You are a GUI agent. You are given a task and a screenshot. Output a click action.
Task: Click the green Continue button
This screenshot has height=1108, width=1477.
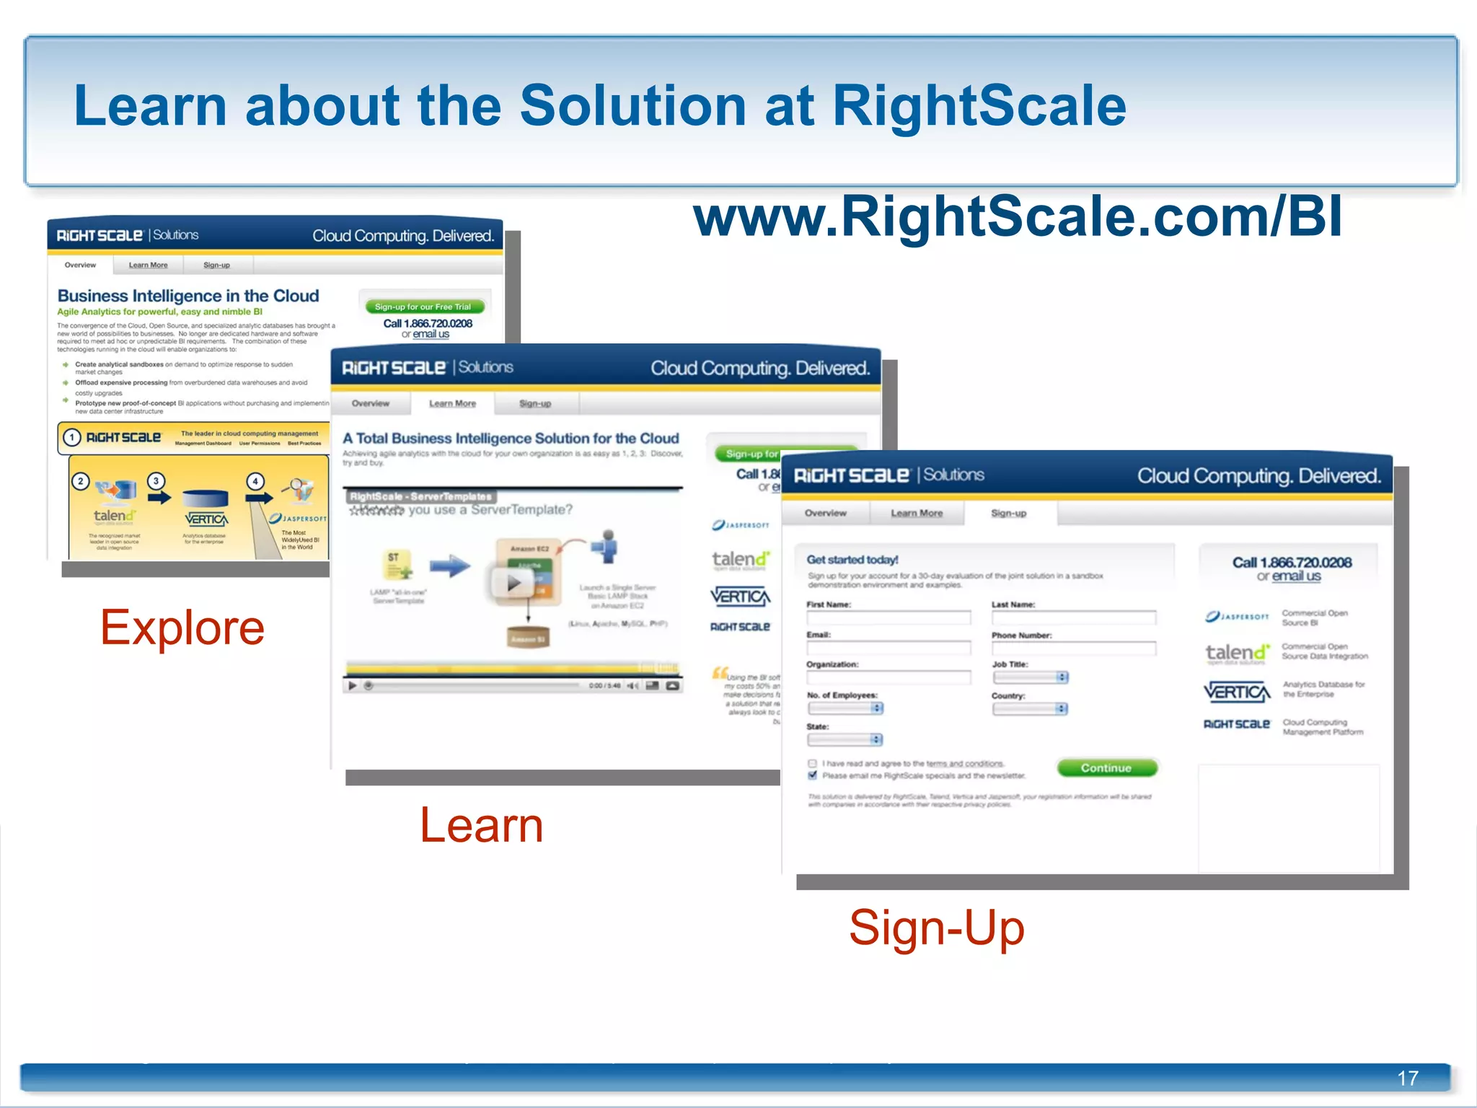pyautogui.click(x=1106, y=768)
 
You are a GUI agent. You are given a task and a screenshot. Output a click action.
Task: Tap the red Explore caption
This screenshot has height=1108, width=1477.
pyautogui.click(x=182, y=628)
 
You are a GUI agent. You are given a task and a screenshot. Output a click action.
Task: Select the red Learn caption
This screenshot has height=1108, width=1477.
pyautogui.click(x=481, y=825)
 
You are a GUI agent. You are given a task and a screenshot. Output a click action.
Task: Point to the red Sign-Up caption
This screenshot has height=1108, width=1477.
pyautogui.click(x=936, y=928)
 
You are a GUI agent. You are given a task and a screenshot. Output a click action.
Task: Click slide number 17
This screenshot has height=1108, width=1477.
pyautogui.click(x=1407, y=1078)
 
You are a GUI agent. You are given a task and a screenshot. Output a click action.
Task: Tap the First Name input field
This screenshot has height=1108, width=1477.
pyautogui.click(x=889, y=618)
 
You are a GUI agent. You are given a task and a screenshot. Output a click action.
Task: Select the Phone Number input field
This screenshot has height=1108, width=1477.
pyautogui.click(x=1073, y=648)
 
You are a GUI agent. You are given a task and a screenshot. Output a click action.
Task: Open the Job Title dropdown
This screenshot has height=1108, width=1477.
pyautogui.click(x=1031, y=677)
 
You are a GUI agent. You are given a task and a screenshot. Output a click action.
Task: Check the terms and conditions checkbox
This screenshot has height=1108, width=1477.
pyautogui.click(x=813, y=763)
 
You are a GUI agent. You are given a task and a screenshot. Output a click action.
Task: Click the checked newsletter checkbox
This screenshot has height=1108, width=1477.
pyautogui.click(x=813, y=775)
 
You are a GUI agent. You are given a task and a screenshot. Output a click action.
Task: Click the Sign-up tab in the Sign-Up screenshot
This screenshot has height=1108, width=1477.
pyautogui.click(x=1008, y=513)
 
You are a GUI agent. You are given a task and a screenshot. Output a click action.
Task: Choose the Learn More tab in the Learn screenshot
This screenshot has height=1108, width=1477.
pyautogui.click(x=452, y=403)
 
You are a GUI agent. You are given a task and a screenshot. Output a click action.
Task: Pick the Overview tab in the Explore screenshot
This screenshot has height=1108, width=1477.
pyautogui.click(x=80, y=265)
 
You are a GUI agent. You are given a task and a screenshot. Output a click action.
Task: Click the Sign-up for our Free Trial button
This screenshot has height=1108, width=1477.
pyautogui.click(x=423, y=307)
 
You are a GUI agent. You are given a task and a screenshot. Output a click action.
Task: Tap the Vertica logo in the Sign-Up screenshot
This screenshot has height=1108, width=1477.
pyautogui.click(x=1236, y=692)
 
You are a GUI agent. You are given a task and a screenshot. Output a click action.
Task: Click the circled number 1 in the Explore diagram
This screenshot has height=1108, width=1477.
pyautogui.click(x=71, y=437)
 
